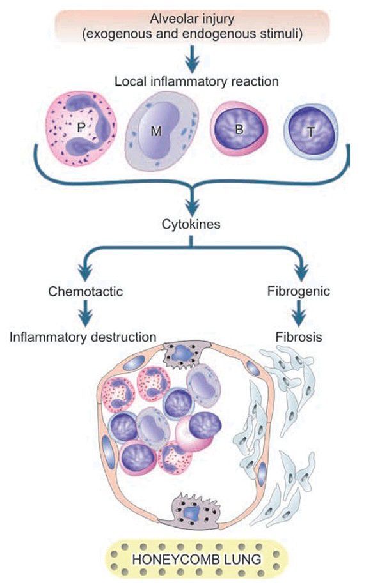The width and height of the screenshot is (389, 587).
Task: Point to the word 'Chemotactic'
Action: point(85,291)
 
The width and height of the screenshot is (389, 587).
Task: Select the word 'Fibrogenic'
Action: point(299,291)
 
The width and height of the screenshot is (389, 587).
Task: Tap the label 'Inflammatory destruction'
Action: point(83,336)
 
